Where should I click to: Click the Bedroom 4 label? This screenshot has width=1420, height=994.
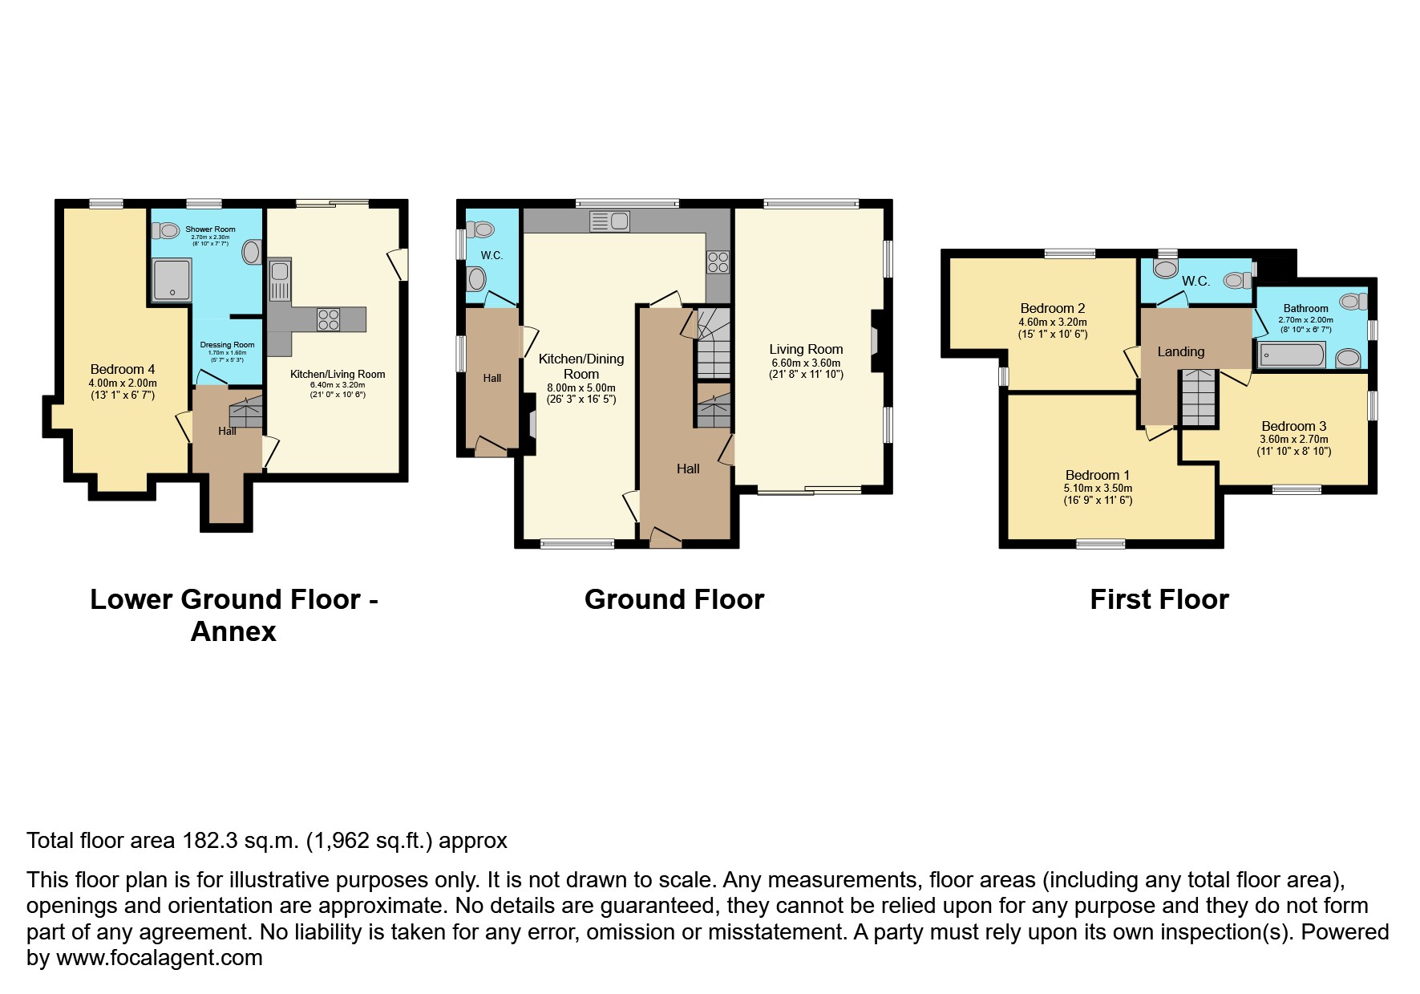(123, 369)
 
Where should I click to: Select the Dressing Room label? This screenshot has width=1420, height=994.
(227, 345)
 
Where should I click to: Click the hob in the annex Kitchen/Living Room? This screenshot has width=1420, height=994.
(329, 319)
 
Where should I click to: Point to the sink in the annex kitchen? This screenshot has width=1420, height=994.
(280, 279)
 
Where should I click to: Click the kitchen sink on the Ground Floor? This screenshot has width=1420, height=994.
(610, 221)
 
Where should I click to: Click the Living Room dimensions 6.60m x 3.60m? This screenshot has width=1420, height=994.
(806, 363)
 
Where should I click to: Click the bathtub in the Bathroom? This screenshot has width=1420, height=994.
(1292, 354)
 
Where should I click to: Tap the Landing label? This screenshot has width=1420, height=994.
(1180, 351)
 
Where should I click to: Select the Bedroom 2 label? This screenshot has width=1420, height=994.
(1052, 308)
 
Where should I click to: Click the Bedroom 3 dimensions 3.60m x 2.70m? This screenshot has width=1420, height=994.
(1294, 439)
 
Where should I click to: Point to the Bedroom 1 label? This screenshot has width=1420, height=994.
(1098, 475)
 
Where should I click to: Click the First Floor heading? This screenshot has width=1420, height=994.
(1159, 599)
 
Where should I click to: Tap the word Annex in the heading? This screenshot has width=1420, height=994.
(233, 632)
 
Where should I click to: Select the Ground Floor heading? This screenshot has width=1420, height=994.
(674, 599)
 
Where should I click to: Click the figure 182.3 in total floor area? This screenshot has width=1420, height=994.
(209, 841)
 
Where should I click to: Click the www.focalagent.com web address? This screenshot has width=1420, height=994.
(159, 957)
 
